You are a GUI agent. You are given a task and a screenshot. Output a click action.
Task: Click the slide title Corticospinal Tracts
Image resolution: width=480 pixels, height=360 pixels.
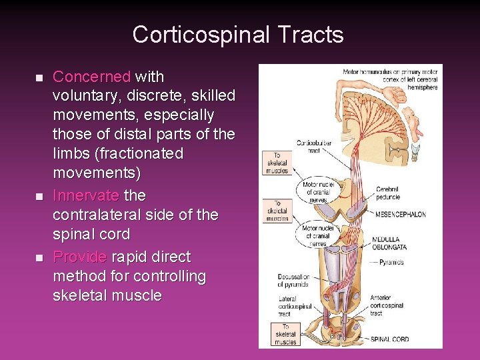(x=238, y=35)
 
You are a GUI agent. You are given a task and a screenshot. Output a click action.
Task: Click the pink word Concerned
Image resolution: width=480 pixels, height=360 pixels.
(x=91, y=77)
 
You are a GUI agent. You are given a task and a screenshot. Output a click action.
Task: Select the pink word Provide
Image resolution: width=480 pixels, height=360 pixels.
(x=79, y=257)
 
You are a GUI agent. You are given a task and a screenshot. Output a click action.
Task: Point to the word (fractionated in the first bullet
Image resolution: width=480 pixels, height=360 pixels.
(x=139, y=153)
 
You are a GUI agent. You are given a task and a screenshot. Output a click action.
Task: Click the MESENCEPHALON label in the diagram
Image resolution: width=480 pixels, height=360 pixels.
(x=400, y=215)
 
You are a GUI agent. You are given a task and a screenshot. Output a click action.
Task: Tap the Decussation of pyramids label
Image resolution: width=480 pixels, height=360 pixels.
(x=294, y=281)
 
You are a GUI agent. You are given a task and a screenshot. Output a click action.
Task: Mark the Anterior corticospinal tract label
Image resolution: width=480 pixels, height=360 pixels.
(x=385, y=309)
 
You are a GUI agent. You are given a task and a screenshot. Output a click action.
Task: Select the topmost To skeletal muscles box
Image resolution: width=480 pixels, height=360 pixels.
(x=277, y=163)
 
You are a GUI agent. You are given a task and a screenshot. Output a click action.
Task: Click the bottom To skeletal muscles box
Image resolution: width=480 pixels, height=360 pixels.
(x=285, y=333)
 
